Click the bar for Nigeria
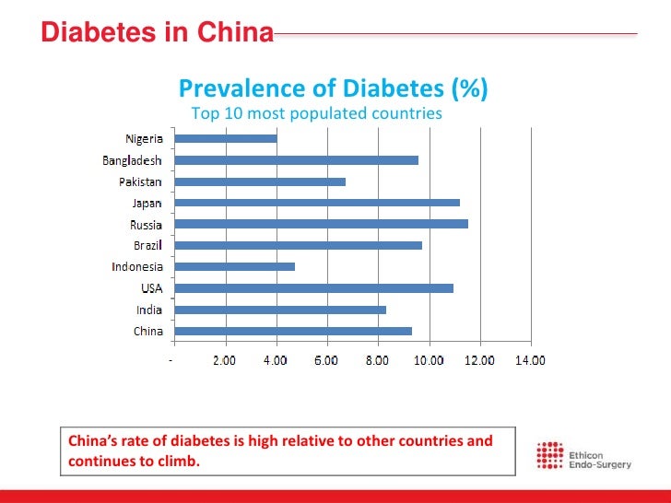(x=225, y=138)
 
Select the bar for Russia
(x=321, y=224)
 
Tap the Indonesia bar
(x=234, y=266)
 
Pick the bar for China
(x=293, y=331)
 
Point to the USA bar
(x=313, y=288)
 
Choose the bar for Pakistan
(x=260, y=181)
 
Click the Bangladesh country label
(x=133, y=160)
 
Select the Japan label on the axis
(x=147, y=203)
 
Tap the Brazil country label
(x=147, y=246)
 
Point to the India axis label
(x=149, y=310)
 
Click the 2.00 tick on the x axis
(x=224, y=360)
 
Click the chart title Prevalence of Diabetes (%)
(x=333, y=88)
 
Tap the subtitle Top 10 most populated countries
(x=316, y=113)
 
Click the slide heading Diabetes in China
(x=158, y=33)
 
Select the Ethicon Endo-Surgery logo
(x=584, y=456)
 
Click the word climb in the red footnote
(x=180, y=460)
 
